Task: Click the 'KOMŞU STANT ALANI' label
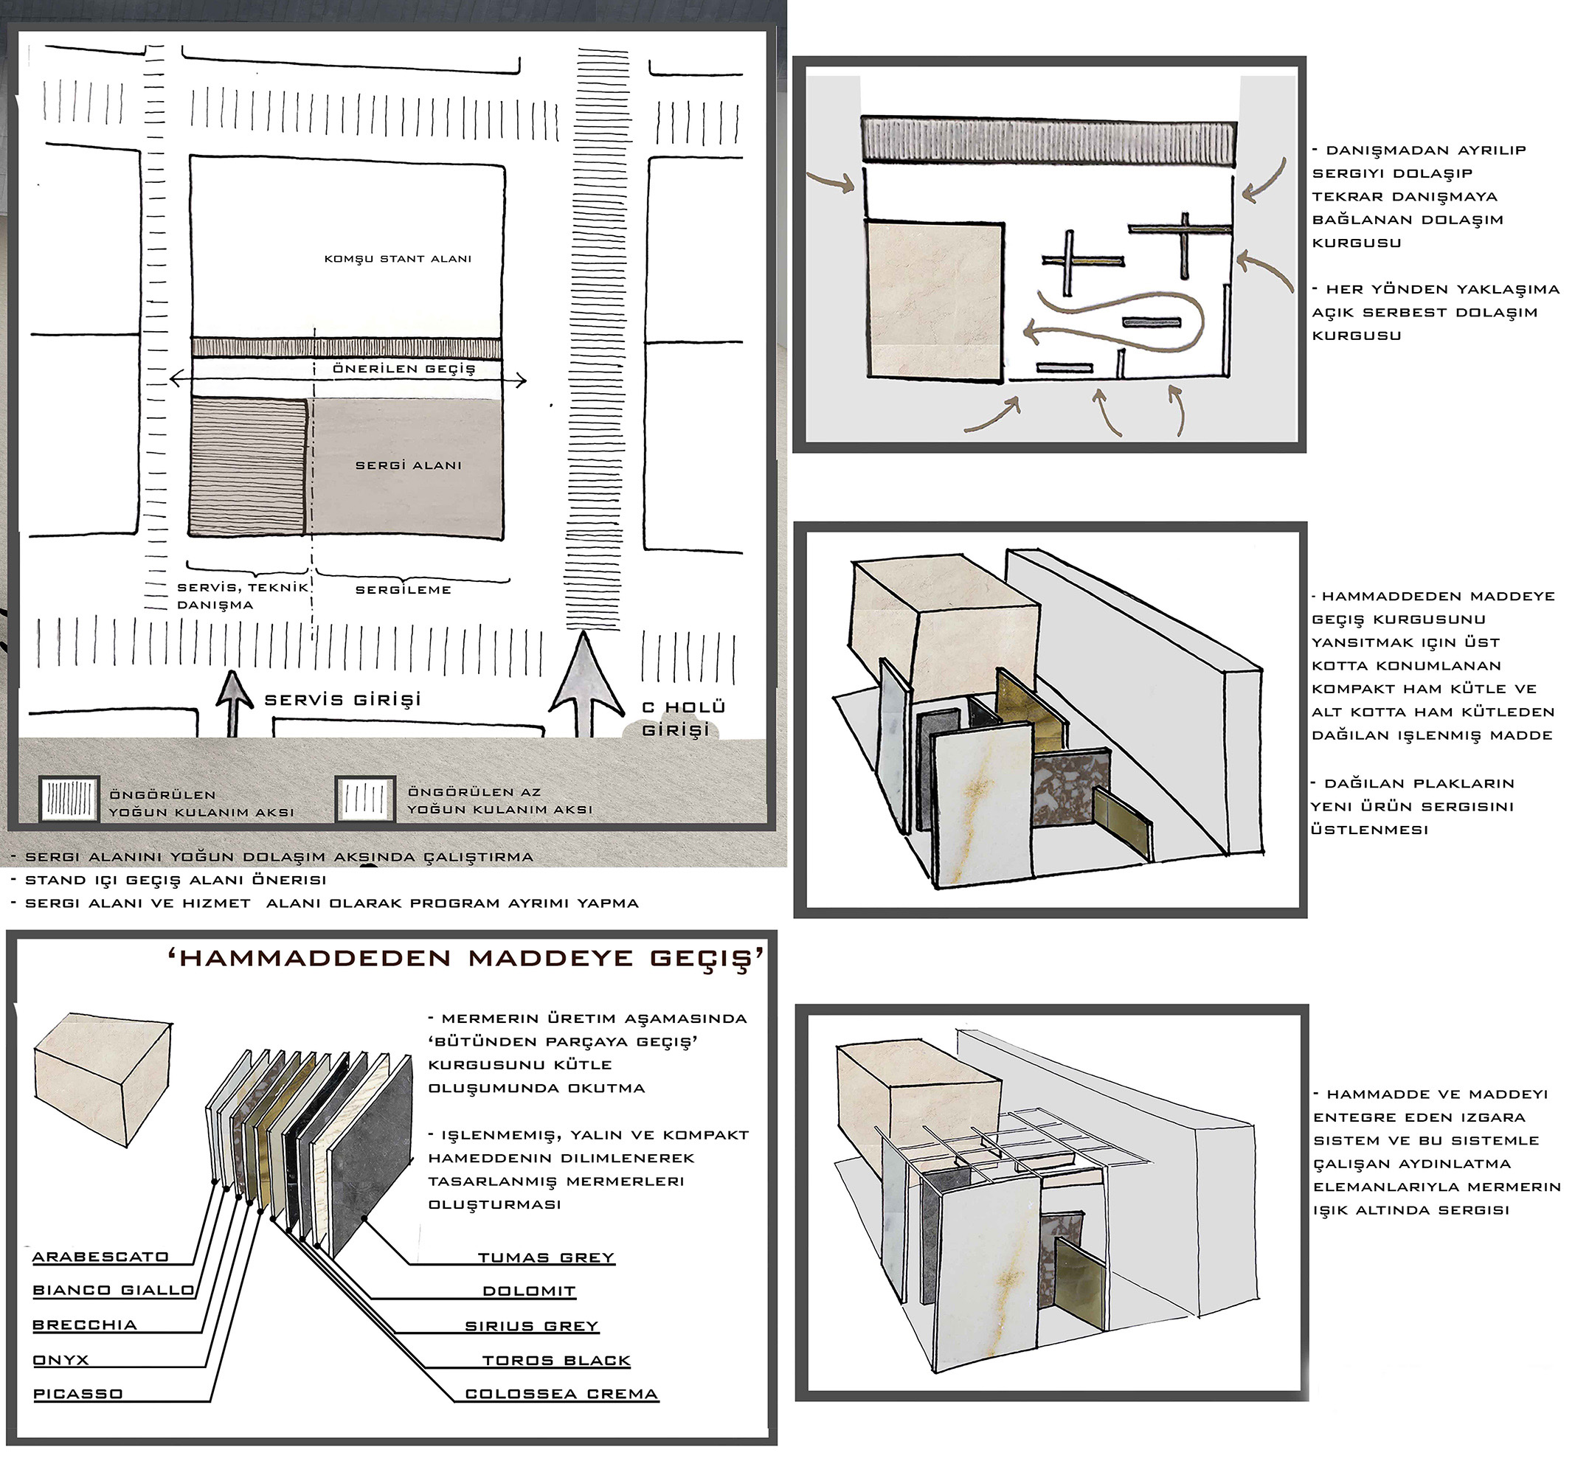click(398, 259)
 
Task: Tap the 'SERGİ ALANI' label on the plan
click(408, 465)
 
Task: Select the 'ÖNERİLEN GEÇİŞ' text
click(404, 368)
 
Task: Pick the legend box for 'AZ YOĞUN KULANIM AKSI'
click(365, 799)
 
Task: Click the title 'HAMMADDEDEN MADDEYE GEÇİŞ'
click(467, 959)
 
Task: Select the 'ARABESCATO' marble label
click(100, 1257)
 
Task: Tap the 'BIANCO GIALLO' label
click(114, 1291)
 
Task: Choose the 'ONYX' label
click(61, 1360)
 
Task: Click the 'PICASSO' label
click(77, 1394)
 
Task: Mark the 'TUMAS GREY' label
click(546, 1258)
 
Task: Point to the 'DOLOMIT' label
click(529, 1291)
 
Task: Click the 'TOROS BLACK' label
click(556, 1361)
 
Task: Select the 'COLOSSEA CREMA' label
click(561, 1394)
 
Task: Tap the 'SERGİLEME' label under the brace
click(404, 590)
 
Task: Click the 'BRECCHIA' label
click(85, 1325)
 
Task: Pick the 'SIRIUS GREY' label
click(532, 1326)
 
